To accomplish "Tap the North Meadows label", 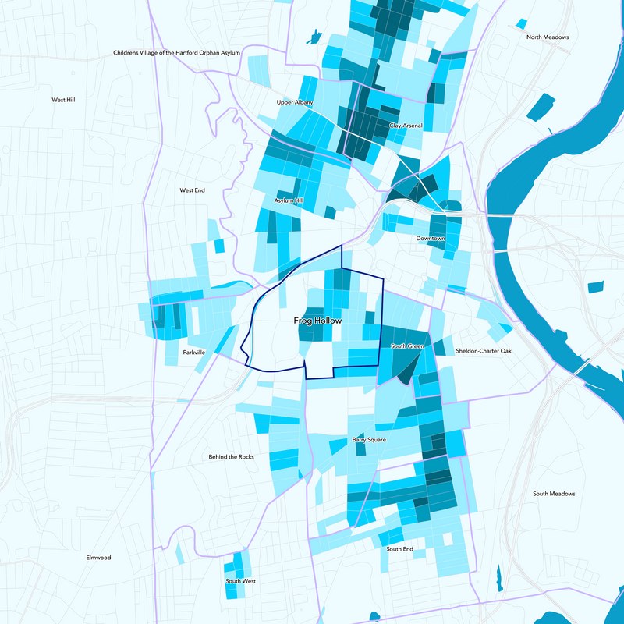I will (x=548, y=37).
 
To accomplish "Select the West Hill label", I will (x=63, y=100).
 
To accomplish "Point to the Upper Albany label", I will (x=295, y=102).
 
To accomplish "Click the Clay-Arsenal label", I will (x=406, y=126).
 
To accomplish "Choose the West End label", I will (x=192, y=190).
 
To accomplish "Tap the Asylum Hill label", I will (x=289, y=200).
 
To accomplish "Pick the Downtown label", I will (x=430, y=238).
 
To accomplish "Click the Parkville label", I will (x=194, y=353).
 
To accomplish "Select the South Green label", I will (x=407, y=346).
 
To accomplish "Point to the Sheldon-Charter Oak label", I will (x=484, y=351).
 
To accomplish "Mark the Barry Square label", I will (x=370, y=440).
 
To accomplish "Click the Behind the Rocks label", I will (x=231, y=456).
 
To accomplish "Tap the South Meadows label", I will (x=554, y=494).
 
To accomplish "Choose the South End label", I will (x=400, y=548).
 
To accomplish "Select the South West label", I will (x=241, y=581).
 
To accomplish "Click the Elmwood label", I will (x=99, y=558).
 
